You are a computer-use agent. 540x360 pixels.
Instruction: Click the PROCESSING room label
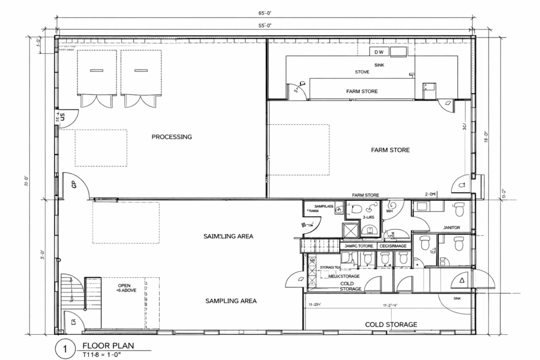[171, 137]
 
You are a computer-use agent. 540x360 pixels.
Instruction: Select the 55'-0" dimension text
[265, 25]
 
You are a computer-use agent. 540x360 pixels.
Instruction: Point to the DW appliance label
[379, 52]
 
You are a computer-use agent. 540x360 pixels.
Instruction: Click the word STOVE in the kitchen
[362, 72]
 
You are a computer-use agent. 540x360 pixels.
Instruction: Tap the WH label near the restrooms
[390, 211]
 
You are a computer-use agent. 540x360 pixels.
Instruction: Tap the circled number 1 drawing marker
[65, 349]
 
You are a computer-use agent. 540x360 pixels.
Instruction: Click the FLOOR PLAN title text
[108, 346]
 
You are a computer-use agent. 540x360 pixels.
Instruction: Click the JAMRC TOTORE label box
[359, 246]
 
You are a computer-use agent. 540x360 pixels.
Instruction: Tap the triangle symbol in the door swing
[462, 281]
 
